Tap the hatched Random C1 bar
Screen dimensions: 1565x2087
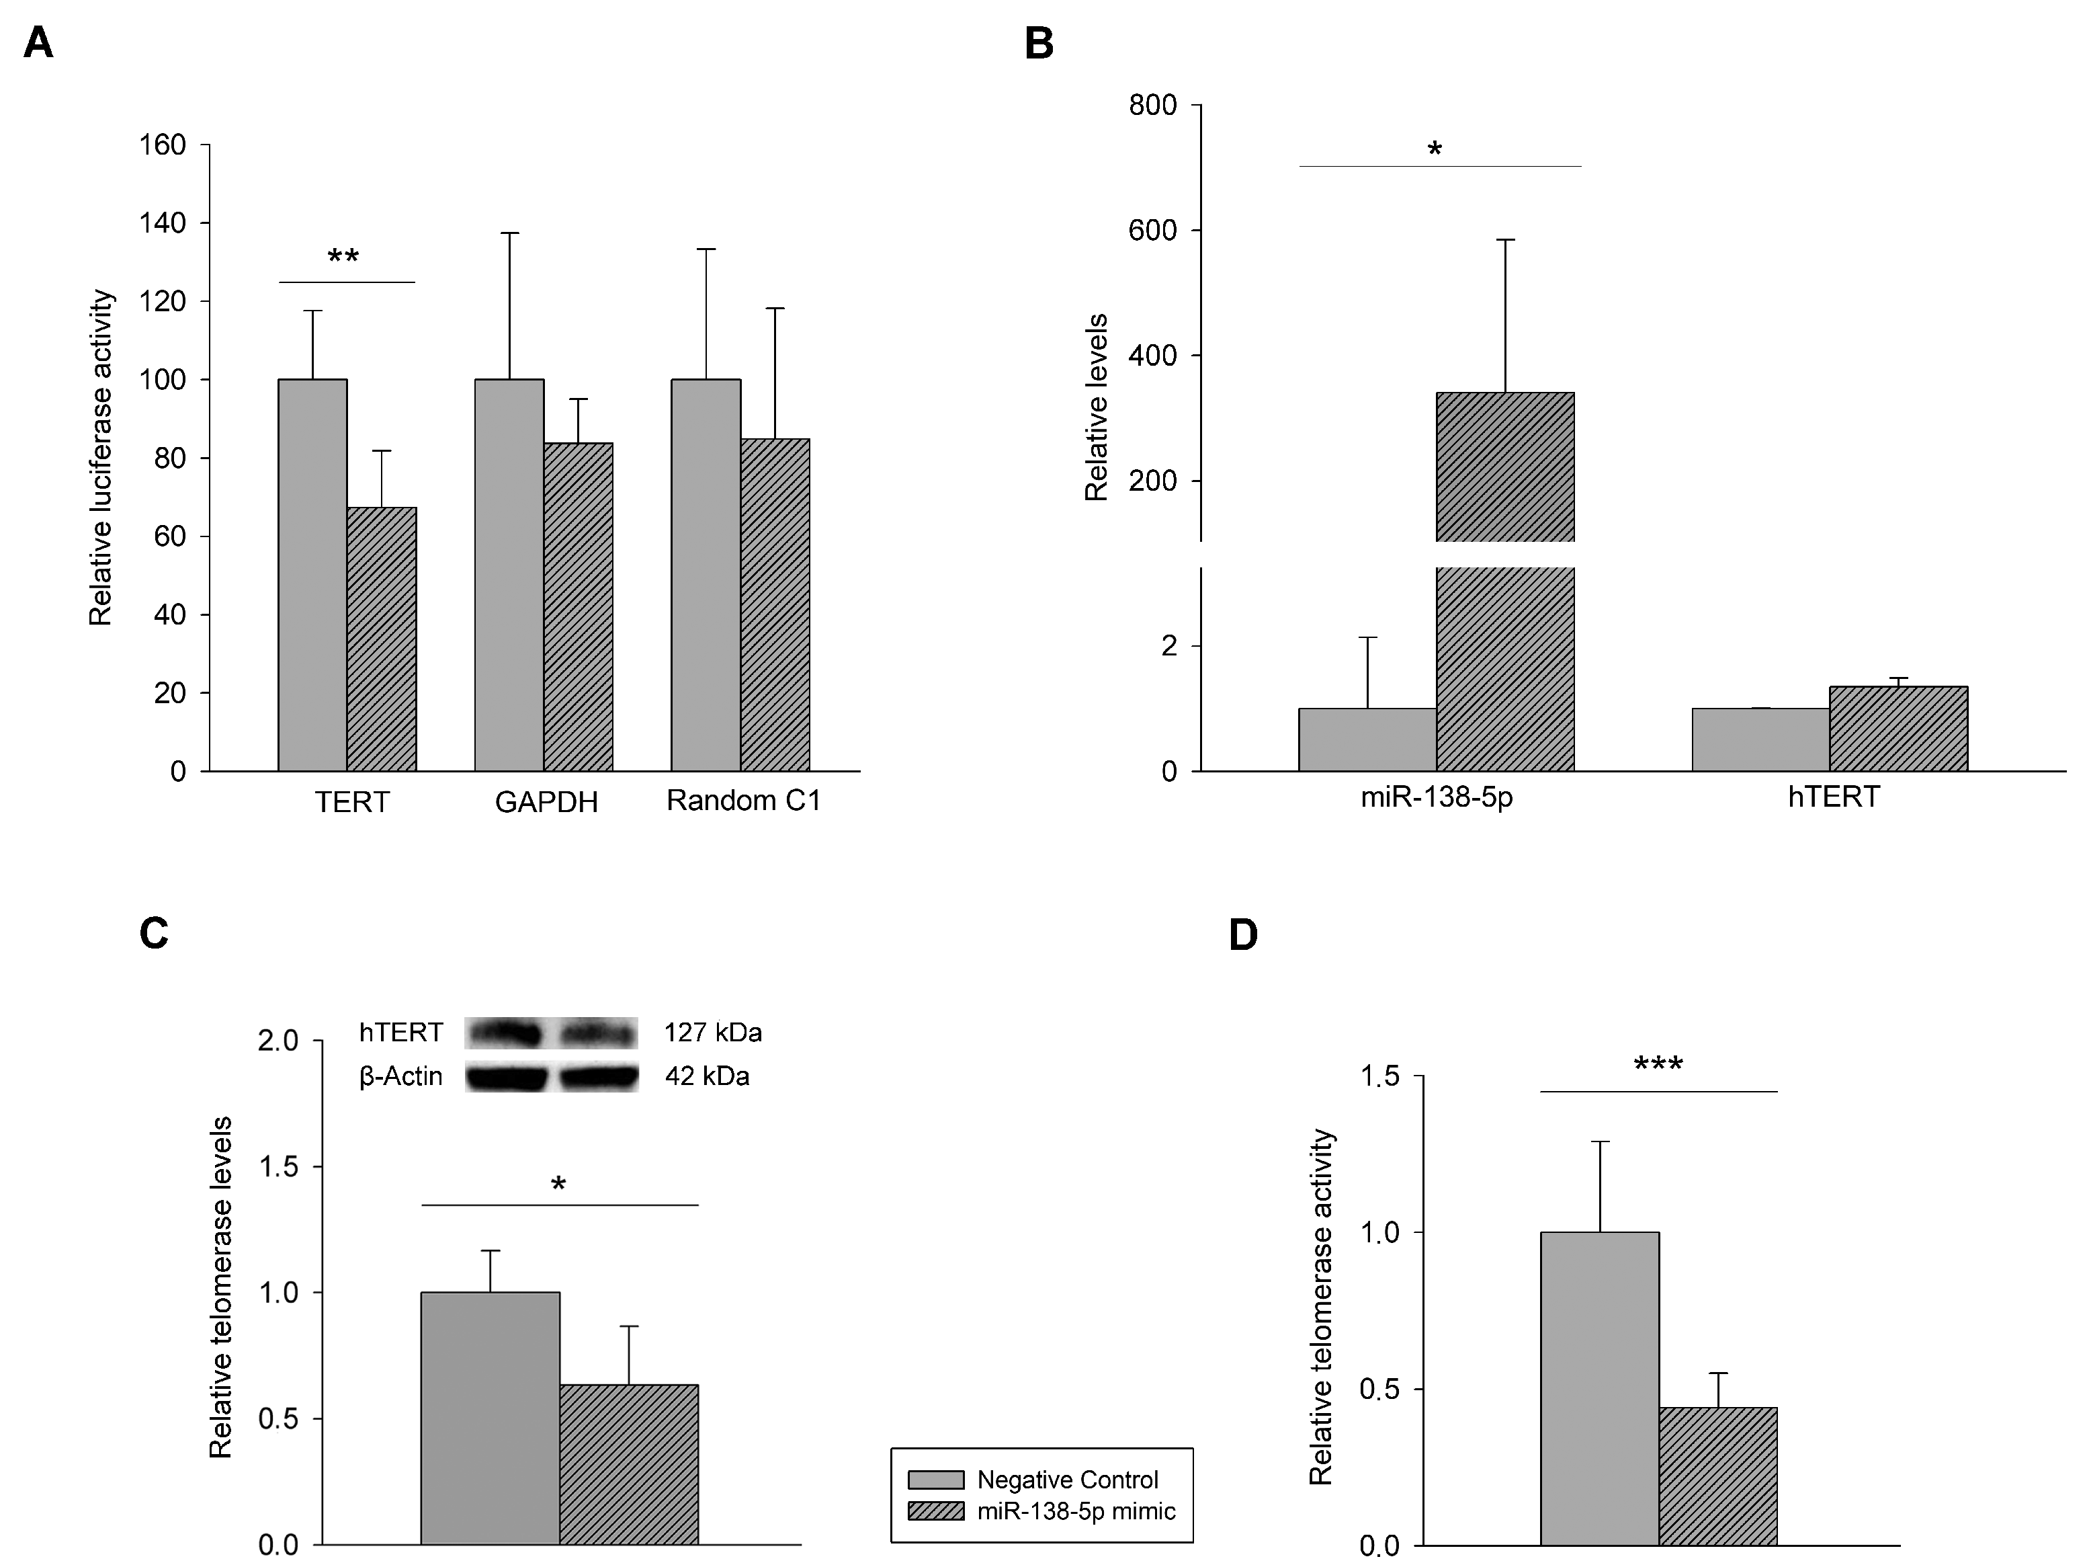775,604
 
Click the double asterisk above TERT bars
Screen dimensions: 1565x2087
343,257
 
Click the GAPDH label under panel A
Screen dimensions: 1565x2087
546,802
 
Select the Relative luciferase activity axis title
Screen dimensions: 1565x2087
101,458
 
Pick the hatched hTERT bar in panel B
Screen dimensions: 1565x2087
1898,729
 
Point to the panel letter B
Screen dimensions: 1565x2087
1039,44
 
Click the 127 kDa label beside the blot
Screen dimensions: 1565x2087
712,1033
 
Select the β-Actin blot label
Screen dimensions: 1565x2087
401,1076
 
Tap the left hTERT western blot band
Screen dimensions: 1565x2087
505,1033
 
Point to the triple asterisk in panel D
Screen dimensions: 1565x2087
1658,1066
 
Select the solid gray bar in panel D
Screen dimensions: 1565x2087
1599,1388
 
